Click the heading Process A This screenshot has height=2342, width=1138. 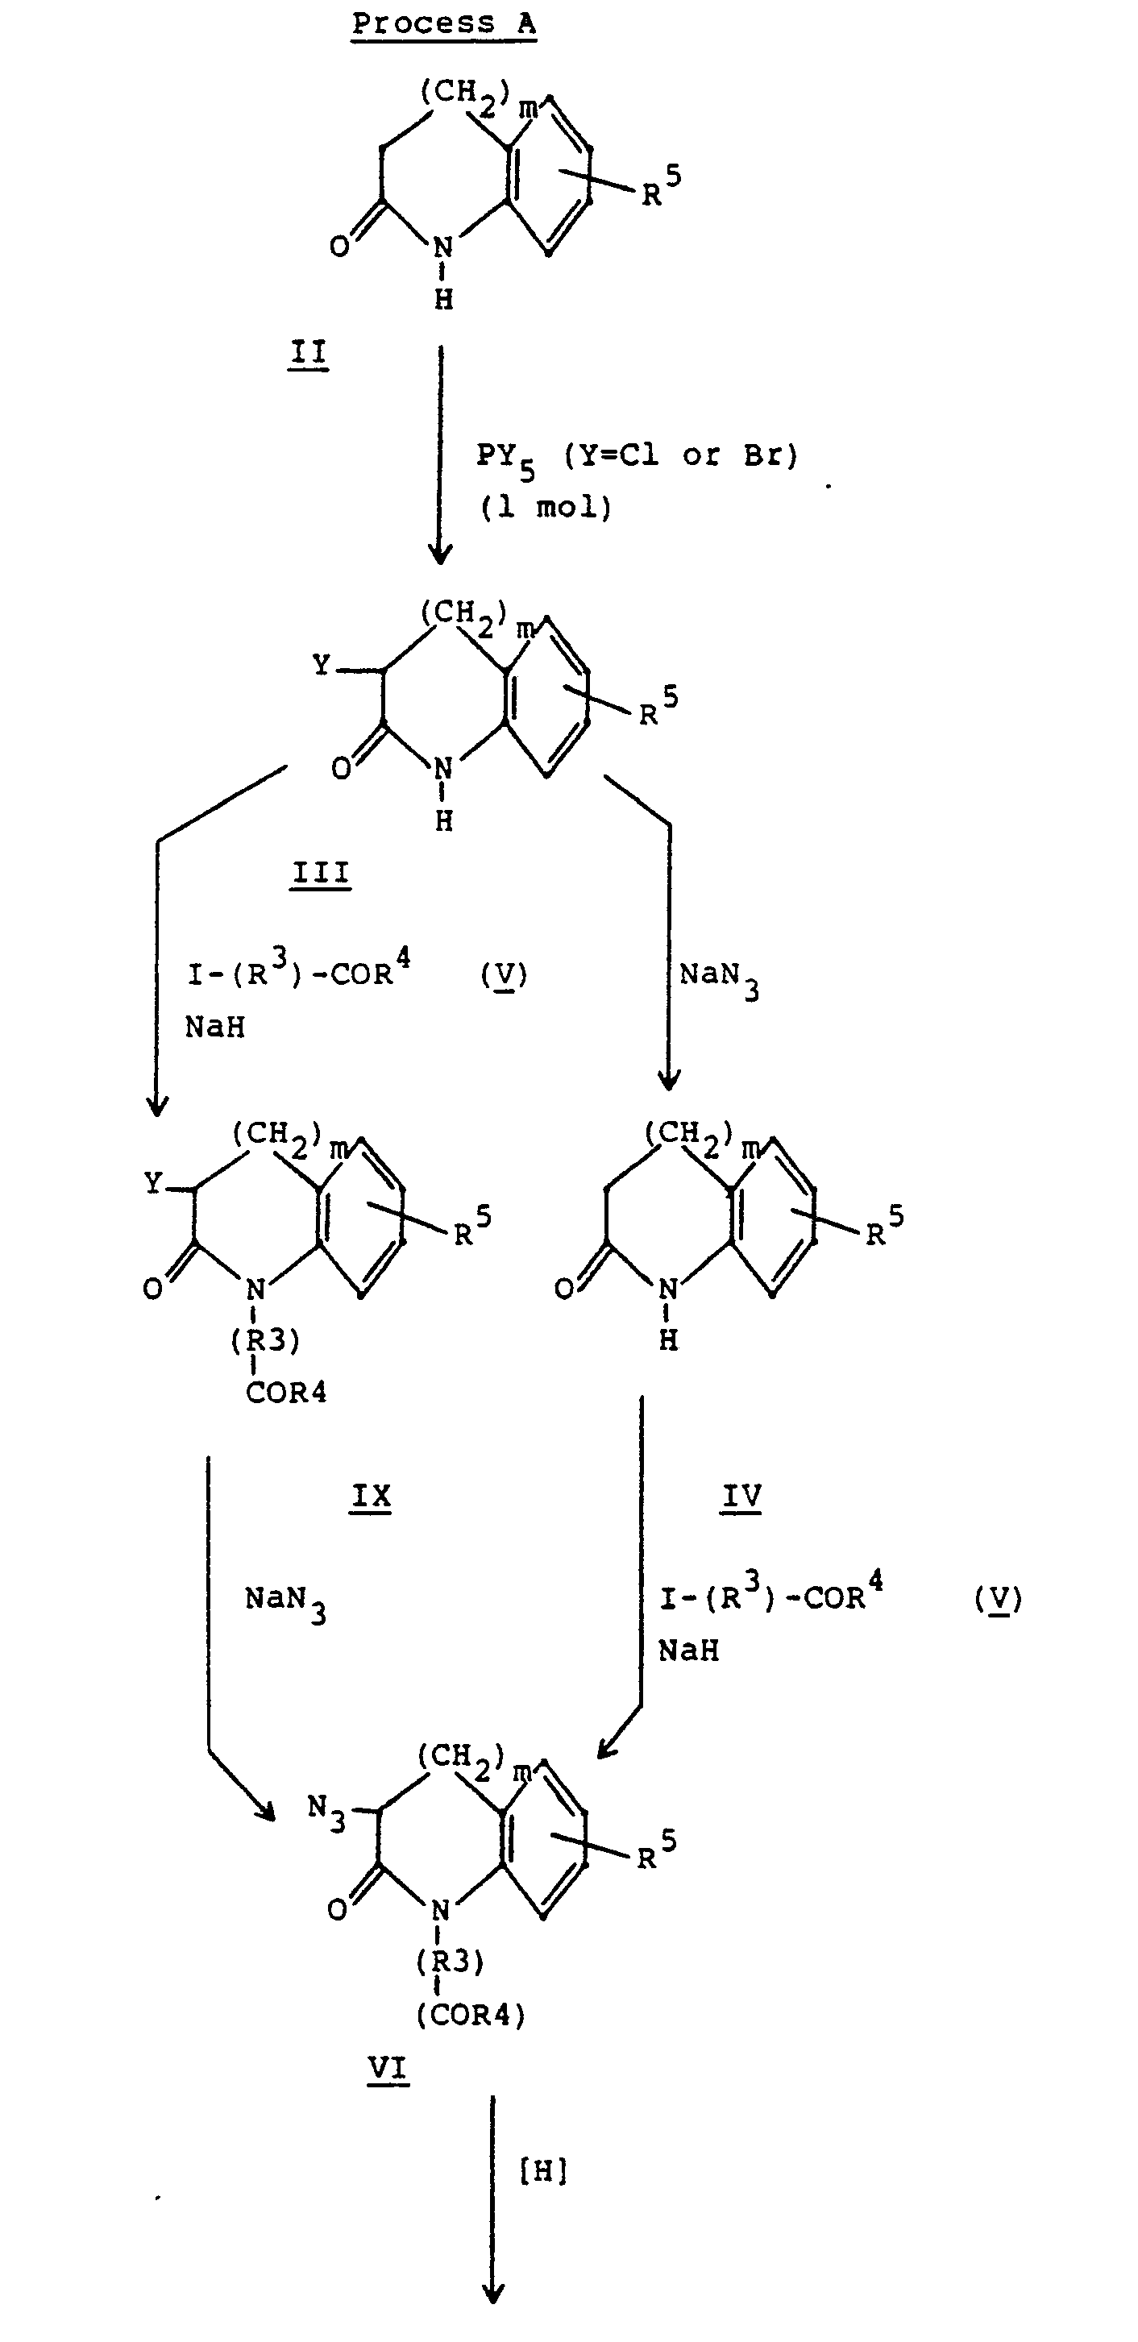coord(443,23)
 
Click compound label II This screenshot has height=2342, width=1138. coord(308,352)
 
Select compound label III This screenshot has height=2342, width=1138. coord(321,874)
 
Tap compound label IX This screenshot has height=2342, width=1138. coord(371,1496)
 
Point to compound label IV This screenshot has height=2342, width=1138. coord(741,1496)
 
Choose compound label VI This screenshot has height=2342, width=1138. coord(388,2070)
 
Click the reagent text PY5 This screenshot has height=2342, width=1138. coord(505,456)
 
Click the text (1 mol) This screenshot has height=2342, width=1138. coord(546,506)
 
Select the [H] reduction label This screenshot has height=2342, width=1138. coord(542,2172)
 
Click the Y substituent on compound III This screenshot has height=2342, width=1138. coord(322,666)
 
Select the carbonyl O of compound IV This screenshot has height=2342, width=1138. coord(564,1289)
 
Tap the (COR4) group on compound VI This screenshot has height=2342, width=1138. coord(471,2016)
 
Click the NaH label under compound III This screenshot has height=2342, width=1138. coord(215,1028)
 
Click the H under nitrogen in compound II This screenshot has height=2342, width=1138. coord(443,299)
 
